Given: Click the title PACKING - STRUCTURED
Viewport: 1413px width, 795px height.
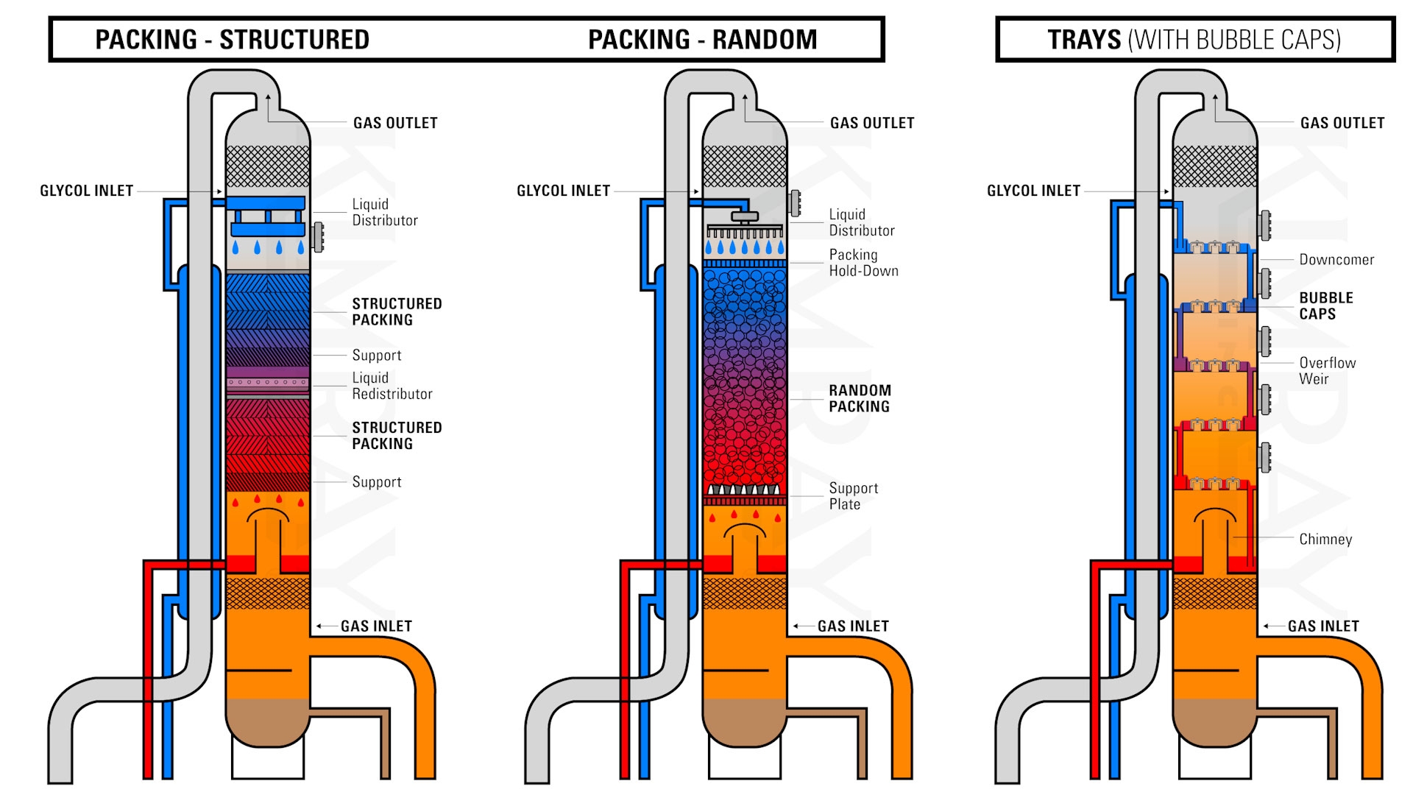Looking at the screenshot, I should pos(232,40).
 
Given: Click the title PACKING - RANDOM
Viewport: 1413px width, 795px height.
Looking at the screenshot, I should pos(702,40).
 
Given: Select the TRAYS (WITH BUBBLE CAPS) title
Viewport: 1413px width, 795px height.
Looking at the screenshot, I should pos(1194,40).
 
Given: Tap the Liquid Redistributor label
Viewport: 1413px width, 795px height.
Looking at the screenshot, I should pos(392,386).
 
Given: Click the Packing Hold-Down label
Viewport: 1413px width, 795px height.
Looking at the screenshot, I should pos(863,263).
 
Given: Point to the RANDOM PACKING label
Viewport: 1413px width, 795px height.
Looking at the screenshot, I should pos(860,398).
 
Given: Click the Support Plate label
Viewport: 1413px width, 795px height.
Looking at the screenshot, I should pos(853,496).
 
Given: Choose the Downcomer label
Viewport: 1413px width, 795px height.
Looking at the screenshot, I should pos(1336,260).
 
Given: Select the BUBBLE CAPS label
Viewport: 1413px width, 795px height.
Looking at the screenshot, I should pos(1325,305).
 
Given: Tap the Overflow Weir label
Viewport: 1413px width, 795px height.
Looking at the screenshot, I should pos(1326,371).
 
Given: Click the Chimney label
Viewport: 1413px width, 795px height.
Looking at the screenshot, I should pos(1325,540).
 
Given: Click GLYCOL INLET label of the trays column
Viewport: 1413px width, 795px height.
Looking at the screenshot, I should pos(1033,191).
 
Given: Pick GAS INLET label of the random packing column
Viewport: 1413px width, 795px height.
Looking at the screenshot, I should pos(852,626).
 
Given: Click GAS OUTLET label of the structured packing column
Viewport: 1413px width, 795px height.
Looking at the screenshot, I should pos(395,123).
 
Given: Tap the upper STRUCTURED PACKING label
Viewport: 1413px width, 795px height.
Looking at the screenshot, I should pos(396,311).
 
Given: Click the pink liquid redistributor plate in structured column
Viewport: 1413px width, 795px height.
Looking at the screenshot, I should pos(267,383).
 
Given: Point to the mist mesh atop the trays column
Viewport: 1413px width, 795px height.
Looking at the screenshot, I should pos(1214,166).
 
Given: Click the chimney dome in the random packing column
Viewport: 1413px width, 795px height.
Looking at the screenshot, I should pos(745,531).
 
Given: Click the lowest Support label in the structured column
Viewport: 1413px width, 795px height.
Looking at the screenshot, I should pos(376,482).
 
